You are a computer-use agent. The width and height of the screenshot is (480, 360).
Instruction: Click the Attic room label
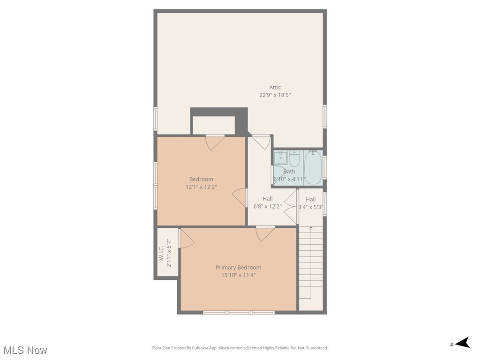tap(275, 87)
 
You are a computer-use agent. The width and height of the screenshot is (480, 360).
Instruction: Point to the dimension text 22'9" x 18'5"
tap(275, 95)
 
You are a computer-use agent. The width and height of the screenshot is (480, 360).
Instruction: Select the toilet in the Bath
tap(294, 159)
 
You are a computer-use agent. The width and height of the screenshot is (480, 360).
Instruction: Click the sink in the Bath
tap(281, 157)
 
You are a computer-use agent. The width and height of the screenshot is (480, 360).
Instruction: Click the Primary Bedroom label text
tap(238, 267)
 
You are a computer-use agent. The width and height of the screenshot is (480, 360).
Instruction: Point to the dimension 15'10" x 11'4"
tap(238, 275)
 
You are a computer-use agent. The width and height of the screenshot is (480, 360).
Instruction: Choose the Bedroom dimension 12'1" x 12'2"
tap(201, 187)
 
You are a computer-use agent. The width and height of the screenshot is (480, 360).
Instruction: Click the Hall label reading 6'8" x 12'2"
tap(267, 206)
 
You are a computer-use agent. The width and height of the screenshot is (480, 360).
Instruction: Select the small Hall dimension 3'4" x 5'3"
tap(311, 207)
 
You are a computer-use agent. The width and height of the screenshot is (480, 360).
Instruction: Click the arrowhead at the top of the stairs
tap(311, 228)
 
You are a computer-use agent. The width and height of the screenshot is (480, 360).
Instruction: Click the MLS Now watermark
tap(25, 350)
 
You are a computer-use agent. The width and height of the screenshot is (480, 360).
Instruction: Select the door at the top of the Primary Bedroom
tap(265, 232)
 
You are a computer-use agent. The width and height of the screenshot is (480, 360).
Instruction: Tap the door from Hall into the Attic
tap(261, 141)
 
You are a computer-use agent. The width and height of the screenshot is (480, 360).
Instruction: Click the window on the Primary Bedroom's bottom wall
tap(239, 312)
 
